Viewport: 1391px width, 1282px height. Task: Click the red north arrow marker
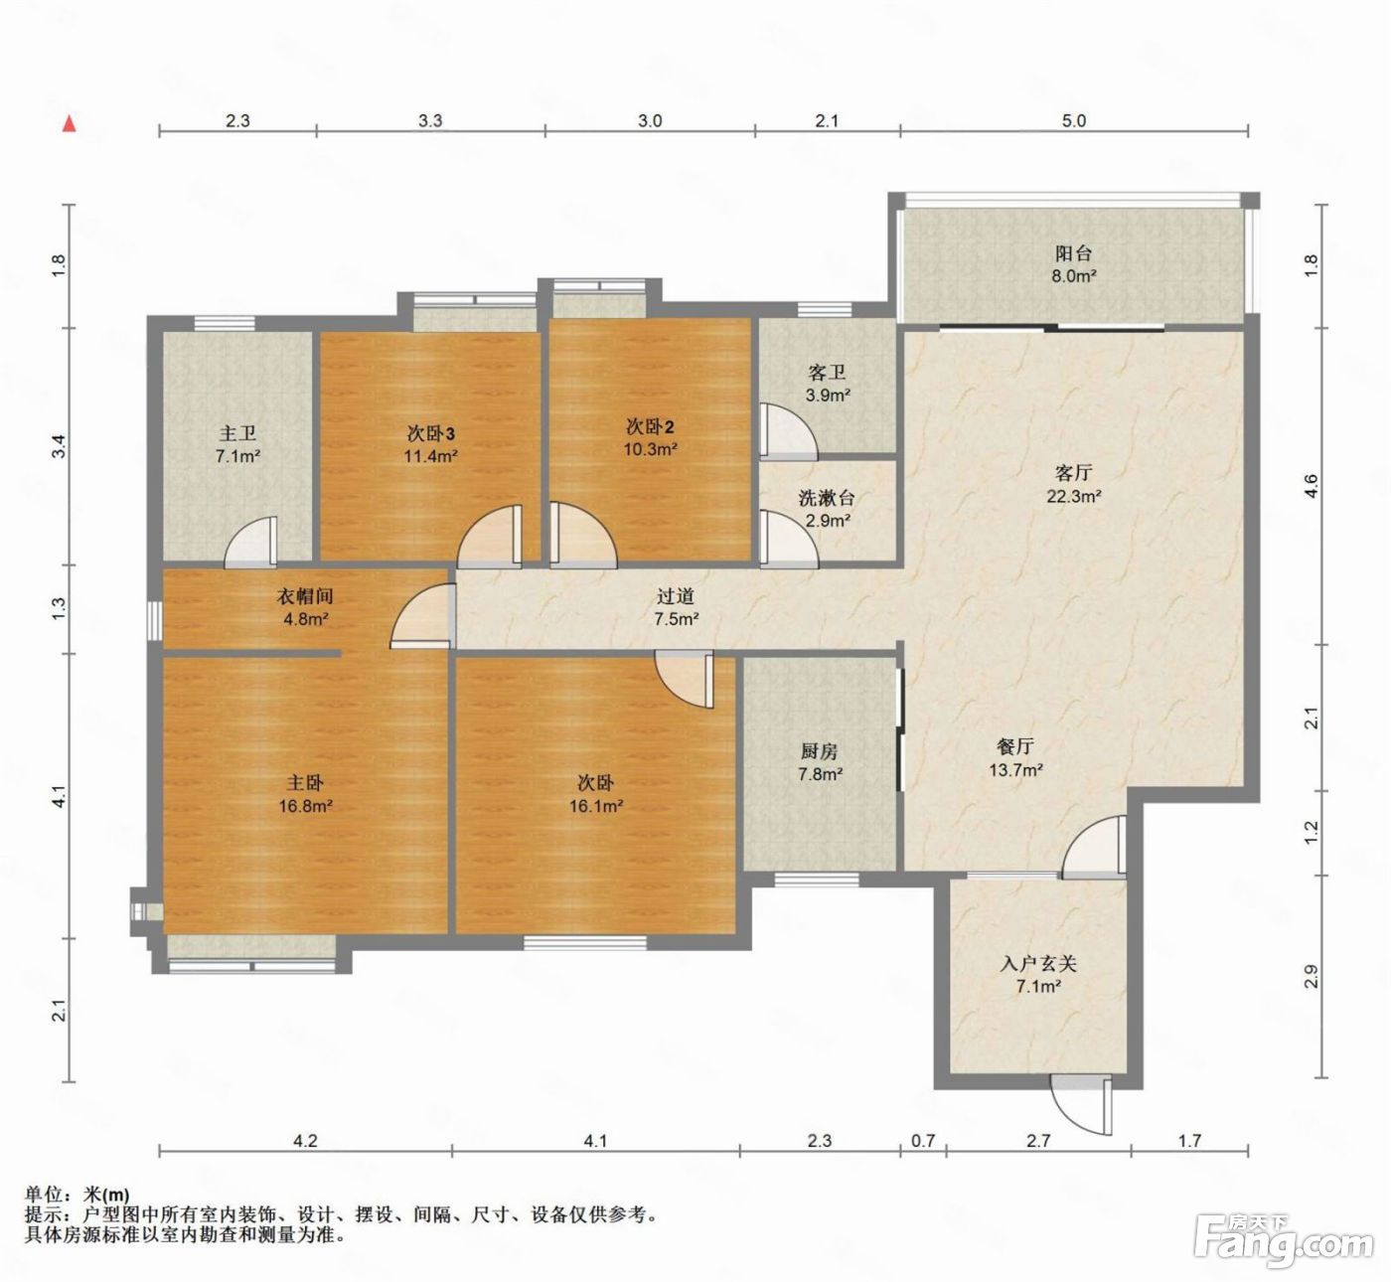pyautogui.click(x=70, y=124)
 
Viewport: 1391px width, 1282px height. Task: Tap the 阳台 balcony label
pyautogui.click(x=1073, y=253)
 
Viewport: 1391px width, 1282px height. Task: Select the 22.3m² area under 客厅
pyautogui.click(x=1074, y=496)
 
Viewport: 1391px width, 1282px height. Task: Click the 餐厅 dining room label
pyautogui.click(x=1015, y=746)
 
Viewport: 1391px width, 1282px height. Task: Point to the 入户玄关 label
pyautogui.click(x=1038, y=964)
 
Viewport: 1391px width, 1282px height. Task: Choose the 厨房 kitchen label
pyautogui.click(x=819, y=750)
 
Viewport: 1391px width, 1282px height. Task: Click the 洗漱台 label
pyautogui.click(x=826, y=498)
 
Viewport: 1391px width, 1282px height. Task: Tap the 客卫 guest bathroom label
pyautogui.click(x=827, y=373)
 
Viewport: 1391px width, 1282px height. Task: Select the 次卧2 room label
pyautogui.click(x=650, y=426)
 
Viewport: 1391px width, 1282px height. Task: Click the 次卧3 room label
pyautogui.click(x=430, y=433)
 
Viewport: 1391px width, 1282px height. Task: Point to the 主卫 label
pyautogui.click(x=237, y=433)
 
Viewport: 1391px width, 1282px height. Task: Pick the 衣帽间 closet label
pyautogui.click(x=304, y=595)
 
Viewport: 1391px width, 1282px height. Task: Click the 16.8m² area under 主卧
pyautogui.click(x=305, y=806)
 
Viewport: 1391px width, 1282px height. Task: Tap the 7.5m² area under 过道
pyautogui.click(x=676, y=619)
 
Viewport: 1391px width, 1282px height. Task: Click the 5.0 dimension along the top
pyautogui.click(x=1073, y=120)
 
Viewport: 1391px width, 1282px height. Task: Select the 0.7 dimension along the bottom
pyautogui.click(x=923, y=1141)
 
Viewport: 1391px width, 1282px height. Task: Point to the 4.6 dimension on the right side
pyautogui.click(x=1311, y=486)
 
